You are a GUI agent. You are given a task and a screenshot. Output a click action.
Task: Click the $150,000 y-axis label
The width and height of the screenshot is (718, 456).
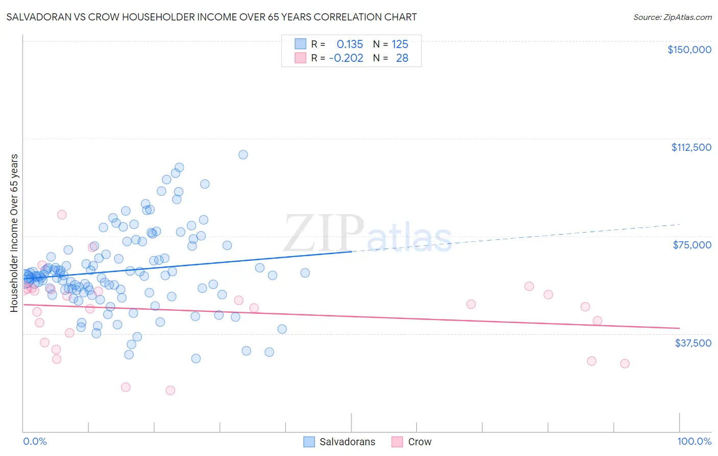click(689, 50)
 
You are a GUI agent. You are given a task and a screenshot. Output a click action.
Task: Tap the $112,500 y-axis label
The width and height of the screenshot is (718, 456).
click(691, 147)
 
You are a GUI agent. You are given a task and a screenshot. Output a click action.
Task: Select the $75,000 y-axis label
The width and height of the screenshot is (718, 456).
click(692, 245)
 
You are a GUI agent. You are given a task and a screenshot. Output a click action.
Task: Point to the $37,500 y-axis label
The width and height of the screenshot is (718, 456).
click(693, 343)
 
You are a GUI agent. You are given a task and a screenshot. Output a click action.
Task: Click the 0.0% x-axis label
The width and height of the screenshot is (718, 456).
click(35, 441)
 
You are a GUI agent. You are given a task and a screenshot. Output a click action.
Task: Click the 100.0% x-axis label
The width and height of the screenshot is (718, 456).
click(694, 441)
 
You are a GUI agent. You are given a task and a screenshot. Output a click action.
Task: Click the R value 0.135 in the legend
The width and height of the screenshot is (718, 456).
click(349, 44)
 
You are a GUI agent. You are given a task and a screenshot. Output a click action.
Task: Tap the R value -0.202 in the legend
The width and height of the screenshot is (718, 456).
click(346, 58)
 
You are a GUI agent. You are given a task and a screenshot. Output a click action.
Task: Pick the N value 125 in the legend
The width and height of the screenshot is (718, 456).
click(400, 44)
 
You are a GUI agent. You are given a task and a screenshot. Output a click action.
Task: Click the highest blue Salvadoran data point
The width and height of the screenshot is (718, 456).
click(243, 154)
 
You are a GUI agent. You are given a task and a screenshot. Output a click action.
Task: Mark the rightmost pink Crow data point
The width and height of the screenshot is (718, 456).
click(625, 363)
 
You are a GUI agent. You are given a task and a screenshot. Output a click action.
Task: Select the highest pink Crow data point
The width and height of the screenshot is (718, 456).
click(62, 215)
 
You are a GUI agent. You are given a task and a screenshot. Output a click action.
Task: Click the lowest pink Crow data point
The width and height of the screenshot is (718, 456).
click(170, 390)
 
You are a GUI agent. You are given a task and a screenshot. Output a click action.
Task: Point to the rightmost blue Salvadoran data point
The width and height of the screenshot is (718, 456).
click(305, 273)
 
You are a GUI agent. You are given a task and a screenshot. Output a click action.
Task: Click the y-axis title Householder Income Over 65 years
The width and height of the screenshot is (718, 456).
click(14, 233)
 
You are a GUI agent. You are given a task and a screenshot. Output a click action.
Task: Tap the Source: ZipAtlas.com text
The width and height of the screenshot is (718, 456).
click(672, 17)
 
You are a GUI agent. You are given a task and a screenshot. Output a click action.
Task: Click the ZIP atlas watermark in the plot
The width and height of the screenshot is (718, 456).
click(368, 234)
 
